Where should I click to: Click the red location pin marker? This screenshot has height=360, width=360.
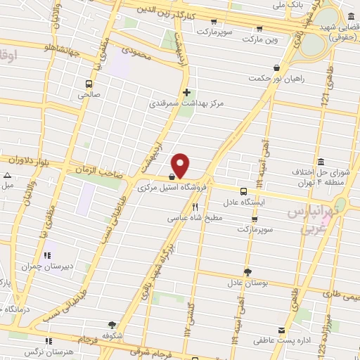click(181, 165)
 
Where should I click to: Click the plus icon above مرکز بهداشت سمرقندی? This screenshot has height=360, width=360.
click(186, 92)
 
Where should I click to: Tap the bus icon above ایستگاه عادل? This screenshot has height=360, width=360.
click(243, 191)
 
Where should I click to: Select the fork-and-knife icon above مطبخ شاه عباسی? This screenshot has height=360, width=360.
click(195, 207)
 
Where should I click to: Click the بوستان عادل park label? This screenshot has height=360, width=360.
click(248, 283)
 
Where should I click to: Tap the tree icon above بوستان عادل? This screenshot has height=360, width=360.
click(247, 271)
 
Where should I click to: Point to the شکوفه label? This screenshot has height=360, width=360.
click(112, 335)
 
